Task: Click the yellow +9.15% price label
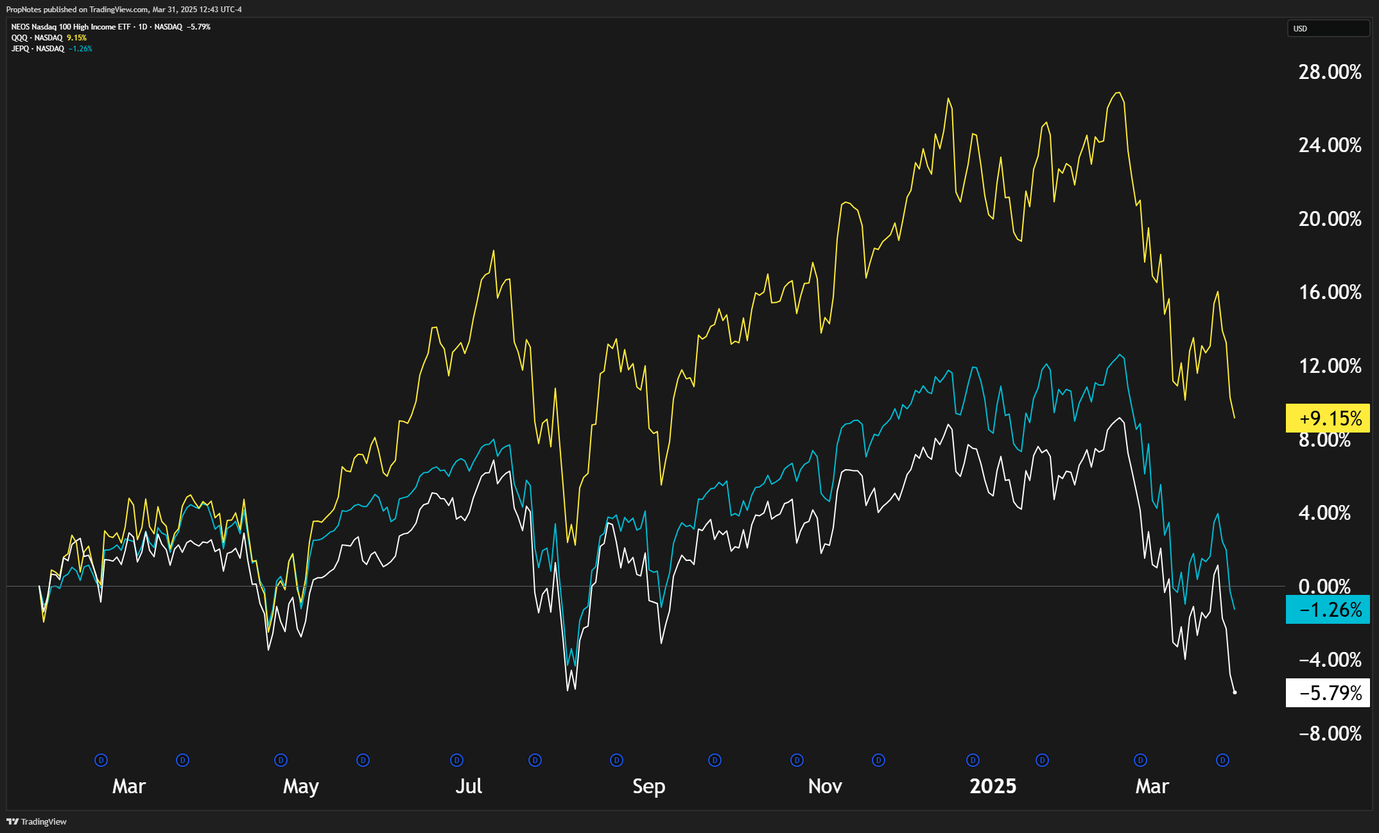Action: coord(1328,418)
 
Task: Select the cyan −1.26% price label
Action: coord(1328,610)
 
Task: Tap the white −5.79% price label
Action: coord(1328,693)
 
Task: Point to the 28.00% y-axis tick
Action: coord(1330,72)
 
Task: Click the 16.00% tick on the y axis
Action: coord(1330,293)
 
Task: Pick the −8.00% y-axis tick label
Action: coord(1330,734)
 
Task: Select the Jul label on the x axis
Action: coord(469,786)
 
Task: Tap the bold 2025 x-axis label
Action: coord(993,786)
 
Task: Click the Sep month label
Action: coord(648,786)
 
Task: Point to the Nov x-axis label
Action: coord(825,786)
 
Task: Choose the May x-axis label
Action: coord(300,786)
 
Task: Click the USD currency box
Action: coord(1328,29)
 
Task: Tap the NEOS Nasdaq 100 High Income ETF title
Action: coord(71,27)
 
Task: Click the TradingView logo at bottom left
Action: coord(37,821)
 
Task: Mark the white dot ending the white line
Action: coord(1235,692)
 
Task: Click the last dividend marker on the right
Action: coord(1222,760)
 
